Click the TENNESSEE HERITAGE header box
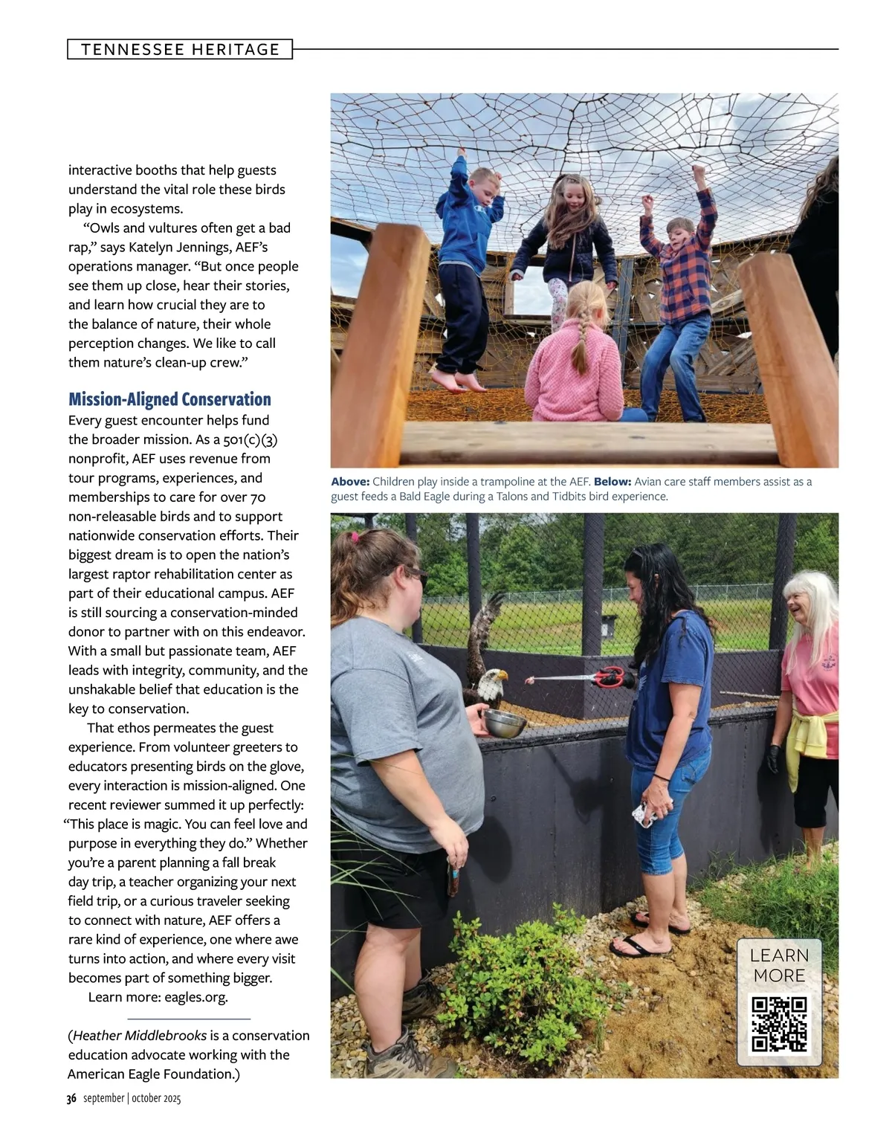[x=180, y=50]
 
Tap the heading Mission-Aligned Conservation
[x=169, y=400]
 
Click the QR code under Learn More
[x=779, y=1025]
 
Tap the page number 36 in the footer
[x=71, y=1099]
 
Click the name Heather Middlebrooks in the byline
[x=140, y=1036]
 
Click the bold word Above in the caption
[x=350, y=482]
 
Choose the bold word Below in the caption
[x=613, y=482]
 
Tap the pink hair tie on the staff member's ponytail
[x=355, y=537]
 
